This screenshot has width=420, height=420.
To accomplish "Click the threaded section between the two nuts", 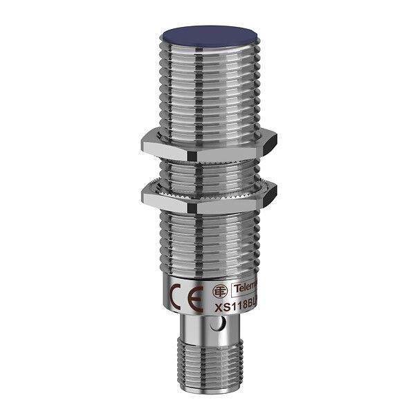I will pyautogui.click(x=208, y=170).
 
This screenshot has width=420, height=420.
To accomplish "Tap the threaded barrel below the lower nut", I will pyautogui.click(x=208, y=242).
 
